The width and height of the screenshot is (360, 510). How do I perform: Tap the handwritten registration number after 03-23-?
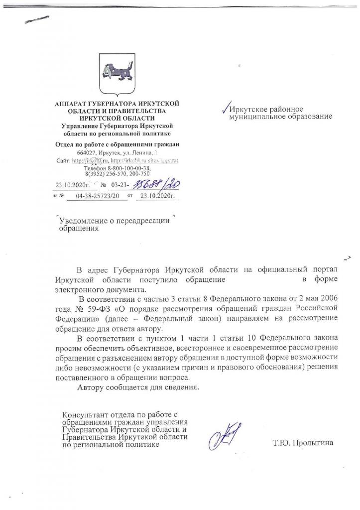pos(161,185)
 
